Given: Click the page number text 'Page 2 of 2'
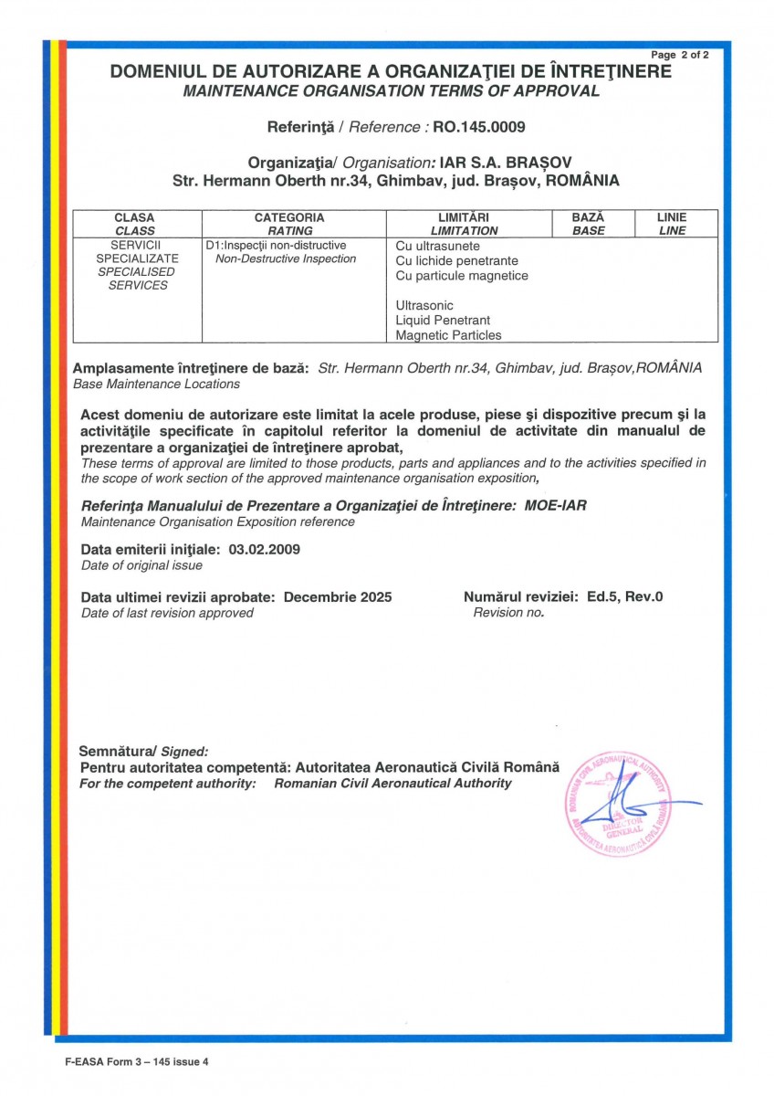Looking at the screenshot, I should point(680,55).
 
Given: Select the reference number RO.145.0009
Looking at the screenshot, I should point(480,126).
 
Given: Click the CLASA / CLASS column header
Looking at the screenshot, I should point(135,224).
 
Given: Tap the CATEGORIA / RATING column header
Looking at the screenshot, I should point(289,224).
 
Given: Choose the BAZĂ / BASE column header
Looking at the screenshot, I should point(588,224).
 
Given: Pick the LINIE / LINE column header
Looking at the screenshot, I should point(672,224).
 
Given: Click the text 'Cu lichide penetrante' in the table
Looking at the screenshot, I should point(457,261).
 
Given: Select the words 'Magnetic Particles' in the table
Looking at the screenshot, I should point(449,335).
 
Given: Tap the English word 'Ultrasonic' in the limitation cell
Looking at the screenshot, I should point(424,305).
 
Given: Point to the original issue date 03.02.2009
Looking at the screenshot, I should point(265,550).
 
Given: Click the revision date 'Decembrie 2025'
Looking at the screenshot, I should point(338,597).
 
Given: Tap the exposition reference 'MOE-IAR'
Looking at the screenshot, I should point(550,504).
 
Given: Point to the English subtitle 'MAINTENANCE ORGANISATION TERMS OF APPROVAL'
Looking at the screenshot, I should point(392,90).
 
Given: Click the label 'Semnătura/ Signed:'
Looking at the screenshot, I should point(144,751).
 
